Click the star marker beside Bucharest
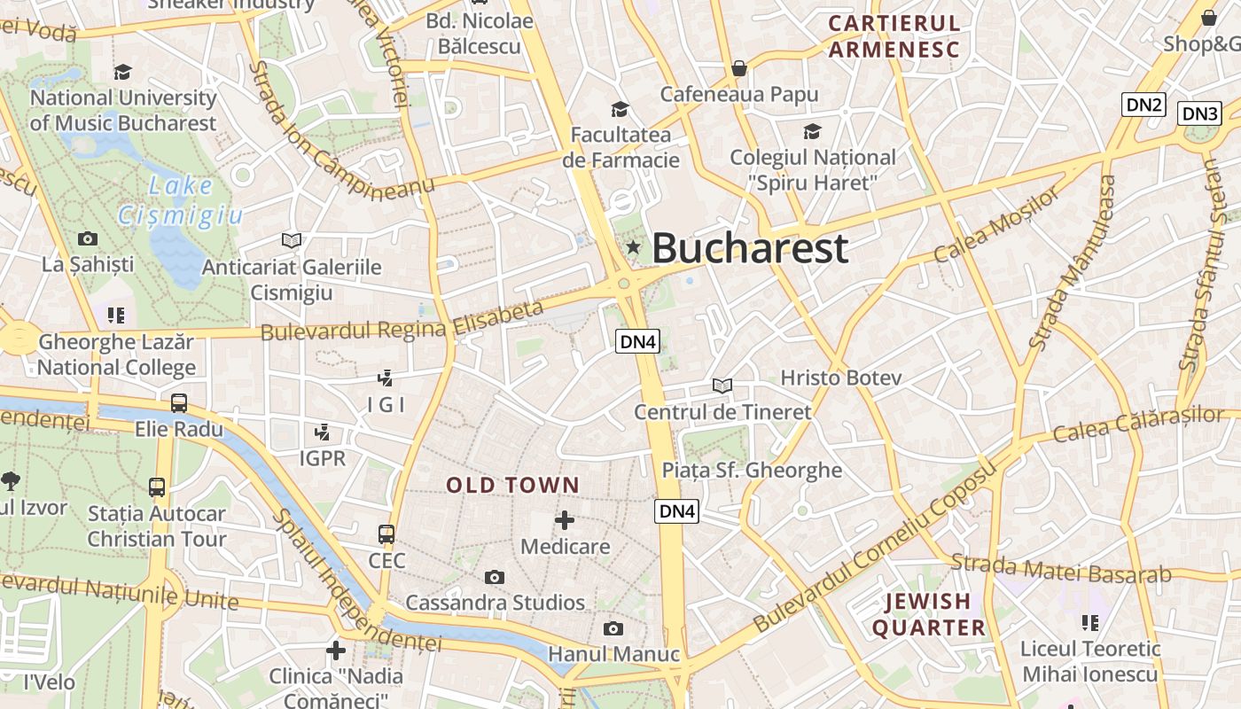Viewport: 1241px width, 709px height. coord(633,247)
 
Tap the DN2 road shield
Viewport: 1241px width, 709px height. coord(1143,105)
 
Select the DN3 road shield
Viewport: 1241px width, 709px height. coord(1199,113)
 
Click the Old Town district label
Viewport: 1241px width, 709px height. coord(512,486)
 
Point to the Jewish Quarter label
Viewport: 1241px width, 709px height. coord(929,615)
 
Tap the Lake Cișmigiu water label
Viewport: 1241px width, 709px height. coord(181,200)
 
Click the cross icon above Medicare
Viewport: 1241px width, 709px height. coord(565,520)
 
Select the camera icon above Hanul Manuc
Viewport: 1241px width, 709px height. coord(613,629)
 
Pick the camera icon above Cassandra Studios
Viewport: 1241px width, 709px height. coord(495,578)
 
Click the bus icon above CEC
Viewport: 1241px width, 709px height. coord(386,534)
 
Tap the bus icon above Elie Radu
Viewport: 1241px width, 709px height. coord(179,403)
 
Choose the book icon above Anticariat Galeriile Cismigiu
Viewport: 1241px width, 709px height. coord(291,240)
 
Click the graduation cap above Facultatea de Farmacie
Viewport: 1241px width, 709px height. coord(620,109)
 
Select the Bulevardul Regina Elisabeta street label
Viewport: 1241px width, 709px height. coord(402,321)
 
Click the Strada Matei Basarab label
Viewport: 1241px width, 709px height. coord(1061,569)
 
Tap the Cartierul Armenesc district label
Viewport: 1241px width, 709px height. coord(894,36)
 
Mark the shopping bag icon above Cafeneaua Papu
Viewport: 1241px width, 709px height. coord(739,68)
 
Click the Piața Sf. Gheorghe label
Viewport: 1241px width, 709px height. coord(752,470)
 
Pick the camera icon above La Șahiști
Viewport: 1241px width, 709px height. coord(88,238)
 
